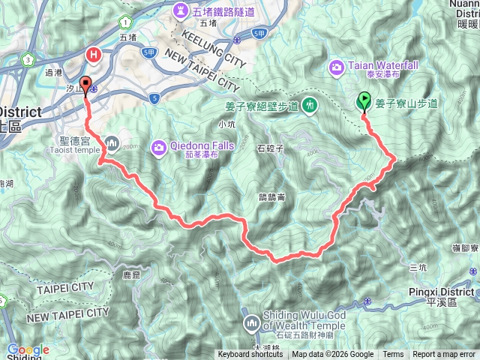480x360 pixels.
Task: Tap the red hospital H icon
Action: pos(94,54)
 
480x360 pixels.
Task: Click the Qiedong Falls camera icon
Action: pos(159,146)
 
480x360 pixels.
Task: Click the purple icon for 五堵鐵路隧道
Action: pos(181,11)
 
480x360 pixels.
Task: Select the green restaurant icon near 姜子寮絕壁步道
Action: pos(309,106)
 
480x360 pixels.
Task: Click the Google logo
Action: pos(28,350)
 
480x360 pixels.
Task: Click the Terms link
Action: pos(393,355)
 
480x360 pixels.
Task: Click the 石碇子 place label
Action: pos(268,147)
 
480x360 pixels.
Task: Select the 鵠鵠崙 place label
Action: pos(269,197)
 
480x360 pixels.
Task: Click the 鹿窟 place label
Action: pos(131,275)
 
